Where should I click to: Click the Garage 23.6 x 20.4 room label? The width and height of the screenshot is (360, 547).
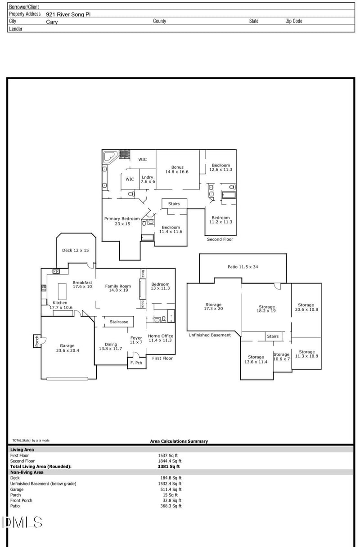click(x=67, y=348)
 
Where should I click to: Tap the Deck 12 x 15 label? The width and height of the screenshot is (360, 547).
click(x=75, y=250)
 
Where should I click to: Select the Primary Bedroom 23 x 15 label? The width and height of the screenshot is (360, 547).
click(x=122, y=221)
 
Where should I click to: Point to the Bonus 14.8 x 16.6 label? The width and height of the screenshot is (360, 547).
click(x=177, y=169)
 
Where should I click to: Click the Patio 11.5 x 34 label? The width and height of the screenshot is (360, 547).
click(x=243, y=267)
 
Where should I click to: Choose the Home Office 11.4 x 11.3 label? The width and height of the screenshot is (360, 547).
click(x=160, y=338)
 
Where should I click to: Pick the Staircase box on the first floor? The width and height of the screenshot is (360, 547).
click(x=119, y=322)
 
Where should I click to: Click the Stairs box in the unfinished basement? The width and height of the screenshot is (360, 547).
click(x=273, y=336)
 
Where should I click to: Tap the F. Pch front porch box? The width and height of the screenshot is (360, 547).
click(x=136, y=363)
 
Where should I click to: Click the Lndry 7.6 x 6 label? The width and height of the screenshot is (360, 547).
click(x=148, y=179)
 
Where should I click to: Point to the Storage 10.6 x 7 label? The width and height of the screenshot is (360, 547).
click(x=282, y=356)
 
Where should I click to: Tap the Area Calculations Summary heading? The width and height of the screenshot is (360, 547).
click(x=179, y=441)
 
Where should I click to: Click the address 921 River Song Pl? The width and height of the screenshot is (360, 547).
click(x=68, y=14)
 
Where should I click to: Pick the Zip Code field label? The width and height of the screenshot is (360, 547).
click(x=294, y=21)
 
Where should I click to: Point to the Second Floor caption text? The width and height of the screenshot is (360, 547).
click(x=220, y=239)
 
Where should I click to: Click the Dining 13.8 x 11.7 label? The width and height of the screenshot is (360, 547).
click(x=110, y=346)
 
